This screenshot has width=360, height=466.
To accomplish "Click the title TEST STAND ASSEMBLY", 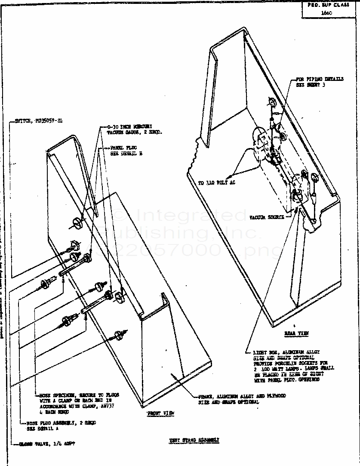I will click(x=194, y=440).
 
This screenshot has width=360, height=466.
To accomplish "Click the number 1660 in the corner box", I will click(x=326, y=12).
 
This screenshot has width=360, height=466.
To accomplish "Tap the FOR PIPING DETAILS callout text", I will click(x=320, y=79).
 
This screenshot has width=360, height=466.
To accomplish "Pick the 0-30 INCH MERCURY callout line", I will click(x=129, y=127).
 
